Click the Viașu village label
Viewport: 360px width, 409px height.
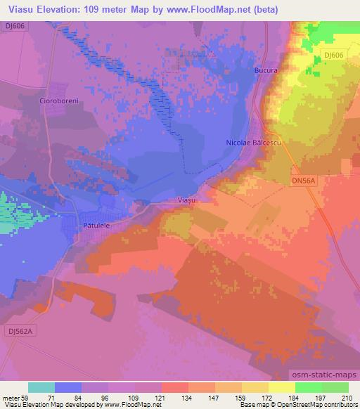pos(183,200)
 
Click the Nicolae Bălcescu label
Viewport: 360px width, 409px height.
pos(253,143)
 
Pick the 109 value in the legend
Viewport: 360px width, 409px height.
pos(135,398)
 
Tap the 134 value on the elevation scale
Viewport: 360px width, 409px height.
pos(188,398)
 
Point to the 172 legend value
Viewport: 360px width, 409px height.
pos(268,398)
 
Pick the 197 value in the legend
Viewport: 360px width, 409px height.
pos(321,398)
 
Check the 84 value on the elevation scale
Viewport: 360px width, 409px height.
pos(82,398)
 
